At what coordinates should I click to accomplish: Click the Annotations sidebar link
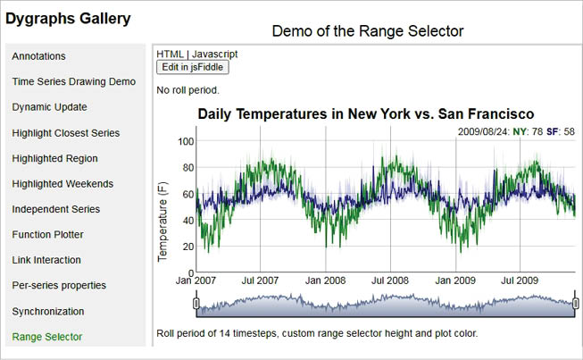[x=38, y=55]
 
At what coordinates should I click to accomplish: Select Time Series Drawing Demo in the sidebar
[x=74, y=81]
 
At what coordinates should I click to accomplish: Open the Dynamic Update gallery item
[x=49, y=107]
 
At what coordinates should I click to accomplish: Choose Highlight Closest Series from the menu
[x=66, y=133]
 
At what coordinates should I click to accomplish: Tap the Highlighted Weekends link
[x=62, y=184]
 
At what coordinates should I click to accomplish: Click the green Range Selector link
[x=47, y=337]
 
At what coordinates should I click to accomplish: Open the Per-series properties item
[x=59, y=286]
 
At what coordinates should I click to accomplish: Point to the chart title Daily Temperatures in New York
[x=365, y=114]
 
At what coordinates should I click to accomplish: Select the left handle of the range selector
[x=196, y=305]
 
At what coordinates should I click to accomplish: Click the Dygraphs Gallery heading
[x=69, y=18]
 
